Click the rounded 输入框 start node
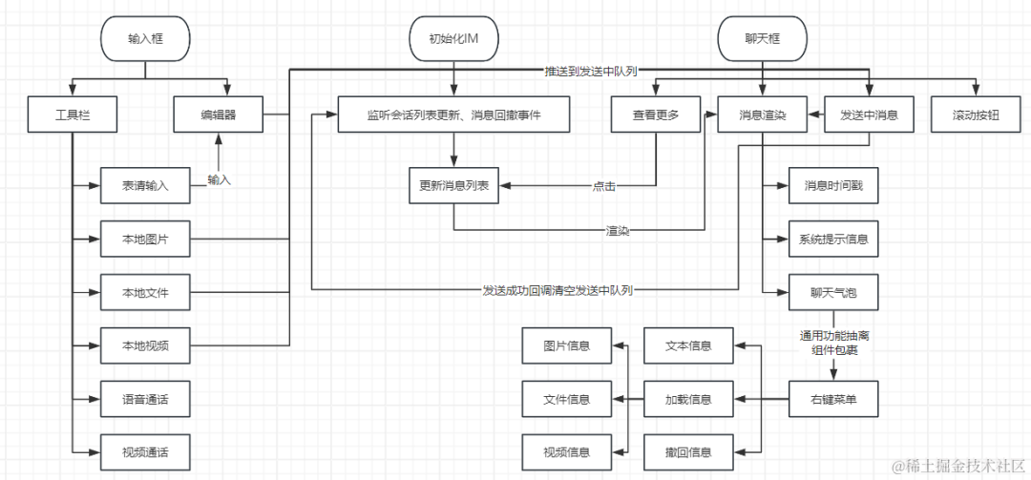pos(146,39)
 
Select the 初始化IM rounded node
pos(453,39)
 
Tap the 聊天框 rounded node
pos(761,39)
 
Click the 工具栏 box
pos(73,115)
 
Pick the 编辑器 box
pos(219,115)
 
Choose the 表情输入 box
pos(145,185)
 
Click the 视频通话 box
pos(145,449)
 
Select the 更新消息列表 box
pos(453,185)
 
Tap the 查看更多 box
pos(656,115)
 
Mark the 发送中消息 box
pos(870,115)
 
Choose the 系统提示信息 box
pos(833,239)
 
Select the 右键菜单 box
pos(833,398)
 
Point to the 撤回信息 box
pos(688,450)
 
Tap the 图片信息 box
pos(566,344)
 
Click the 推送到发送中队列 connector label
pos(591,71)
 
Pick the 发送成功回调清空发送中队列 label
pos(558,289)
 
